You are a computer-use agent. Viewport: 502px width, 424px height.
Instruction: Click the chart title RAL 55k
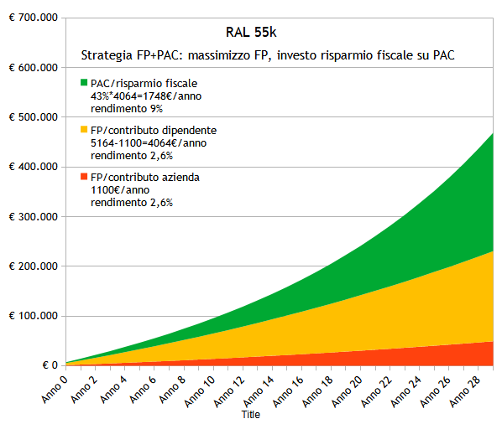click(x=252, y=33)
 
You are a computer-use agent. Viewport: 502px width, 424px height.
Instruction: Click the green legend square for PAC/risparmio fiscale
click(x=84, y=83)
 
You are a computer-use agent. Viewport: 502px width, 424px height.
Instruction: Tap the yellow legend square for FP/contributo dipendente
click(x=84, y=130)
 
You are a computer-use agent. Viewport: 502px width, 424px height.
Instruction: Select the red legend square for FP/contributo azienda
click(x=84, y=177)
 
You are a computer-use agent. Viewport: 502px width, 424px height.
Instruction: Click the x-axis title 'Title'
click(x=251, y=415)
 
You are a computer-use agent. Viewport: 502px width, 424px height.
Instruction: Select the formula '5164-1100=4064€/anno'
click(x=148, y=142)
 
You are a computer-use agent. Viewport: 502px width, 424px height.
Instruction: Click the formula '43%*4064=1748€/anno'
click(x=146, y=96)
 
